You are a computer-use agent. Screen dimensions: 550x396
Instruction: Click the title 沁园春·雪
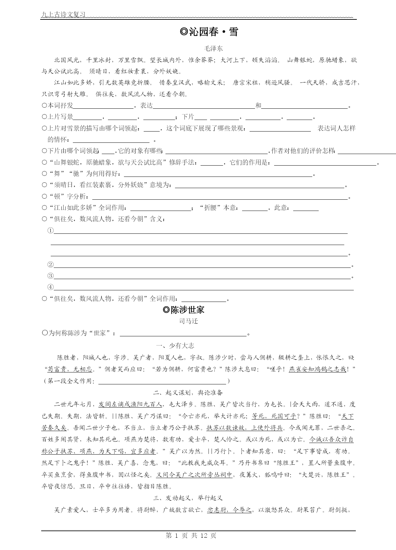click(209, 32)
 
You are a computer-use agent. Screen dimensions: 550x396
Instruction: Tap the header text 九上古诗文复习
click(63, 15)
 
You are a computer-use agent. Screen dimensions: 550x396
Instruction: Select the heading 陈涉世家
click(184, 310)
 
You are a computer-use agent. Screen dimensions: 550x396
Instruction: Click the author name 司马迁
click(189, 321)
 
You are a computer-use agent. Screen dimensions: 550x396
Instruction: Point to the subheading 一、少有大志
click(175, 346)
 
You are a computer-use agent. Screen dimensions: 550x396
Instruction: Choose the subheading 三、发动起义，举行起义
click(188, 498)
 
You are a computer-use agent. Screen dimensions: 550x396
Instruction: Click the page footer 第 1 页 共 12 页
click(191, 536)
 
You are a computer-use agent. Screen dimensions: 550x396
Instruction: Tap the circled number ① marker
click(50, 231)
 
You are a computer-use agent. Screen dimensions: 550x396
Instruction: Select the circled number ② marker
click(50, 265)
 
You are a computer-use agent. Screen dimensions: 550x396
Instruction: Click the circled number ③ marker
click(50, 276)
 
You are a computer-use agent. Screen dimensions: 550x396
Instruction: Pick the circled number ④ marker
click(50, 287)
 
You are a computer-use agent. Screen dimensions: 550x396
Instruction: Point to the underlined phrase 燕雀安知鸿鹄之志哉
click(317, 369)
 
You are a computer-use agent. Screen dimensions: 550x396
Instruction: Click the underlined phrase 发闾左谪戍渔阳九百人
click(130, 404)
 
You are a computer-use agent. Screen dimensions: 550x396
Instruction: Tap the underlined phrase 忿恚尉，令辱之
click(229, 510)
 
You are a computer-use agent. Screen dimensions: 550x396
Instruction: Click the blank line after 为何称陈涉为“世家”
click(183, 333)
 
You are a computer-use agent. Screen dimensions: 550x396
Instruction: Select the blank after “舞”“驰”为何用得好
click(218, 174)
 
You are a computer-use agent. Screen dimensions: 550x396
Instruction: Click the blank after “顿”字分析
click(220, 197)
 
